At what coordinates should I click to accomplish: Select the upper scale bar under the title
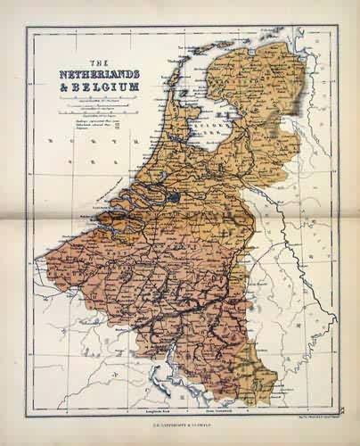pyautogui.click(x=98, y=105)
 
